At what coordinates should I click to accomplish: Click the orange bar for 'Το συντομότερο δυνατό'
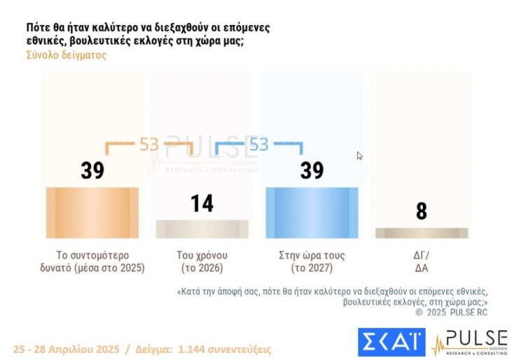[92, 213]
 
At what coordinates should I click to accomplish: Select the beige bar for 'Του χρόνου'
[202, 229]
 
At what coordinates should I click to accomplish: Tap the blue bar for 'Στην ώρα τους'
[312, 213]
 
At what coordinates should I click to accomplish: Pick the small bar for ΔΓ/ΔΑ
[421, 233]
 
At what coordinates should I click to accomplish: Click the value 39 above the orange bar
[92, 170]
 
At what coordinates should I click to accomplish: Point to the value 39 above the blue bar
[312, 170]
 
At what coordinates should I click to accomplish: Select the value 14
[202, 204]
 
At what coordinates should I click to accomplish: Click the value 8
[421, 212]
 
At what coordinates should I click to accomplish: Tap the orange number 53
[148, 145]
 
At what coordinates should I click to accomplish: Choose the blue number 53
[258, 145]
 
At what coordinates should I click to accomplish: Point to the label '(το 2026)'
[202, 268]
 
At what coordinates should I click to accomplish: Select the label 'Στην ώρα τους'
[312, 255]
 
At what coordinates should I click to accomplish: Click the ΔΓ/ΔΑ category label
[421, 261]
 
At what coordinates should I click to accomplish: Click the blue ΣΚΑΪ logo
[391, 342]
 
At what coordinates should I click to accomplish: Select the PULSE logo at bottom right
[468, 342]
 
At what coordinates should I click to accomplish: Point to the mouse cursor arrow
[359, 155]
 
